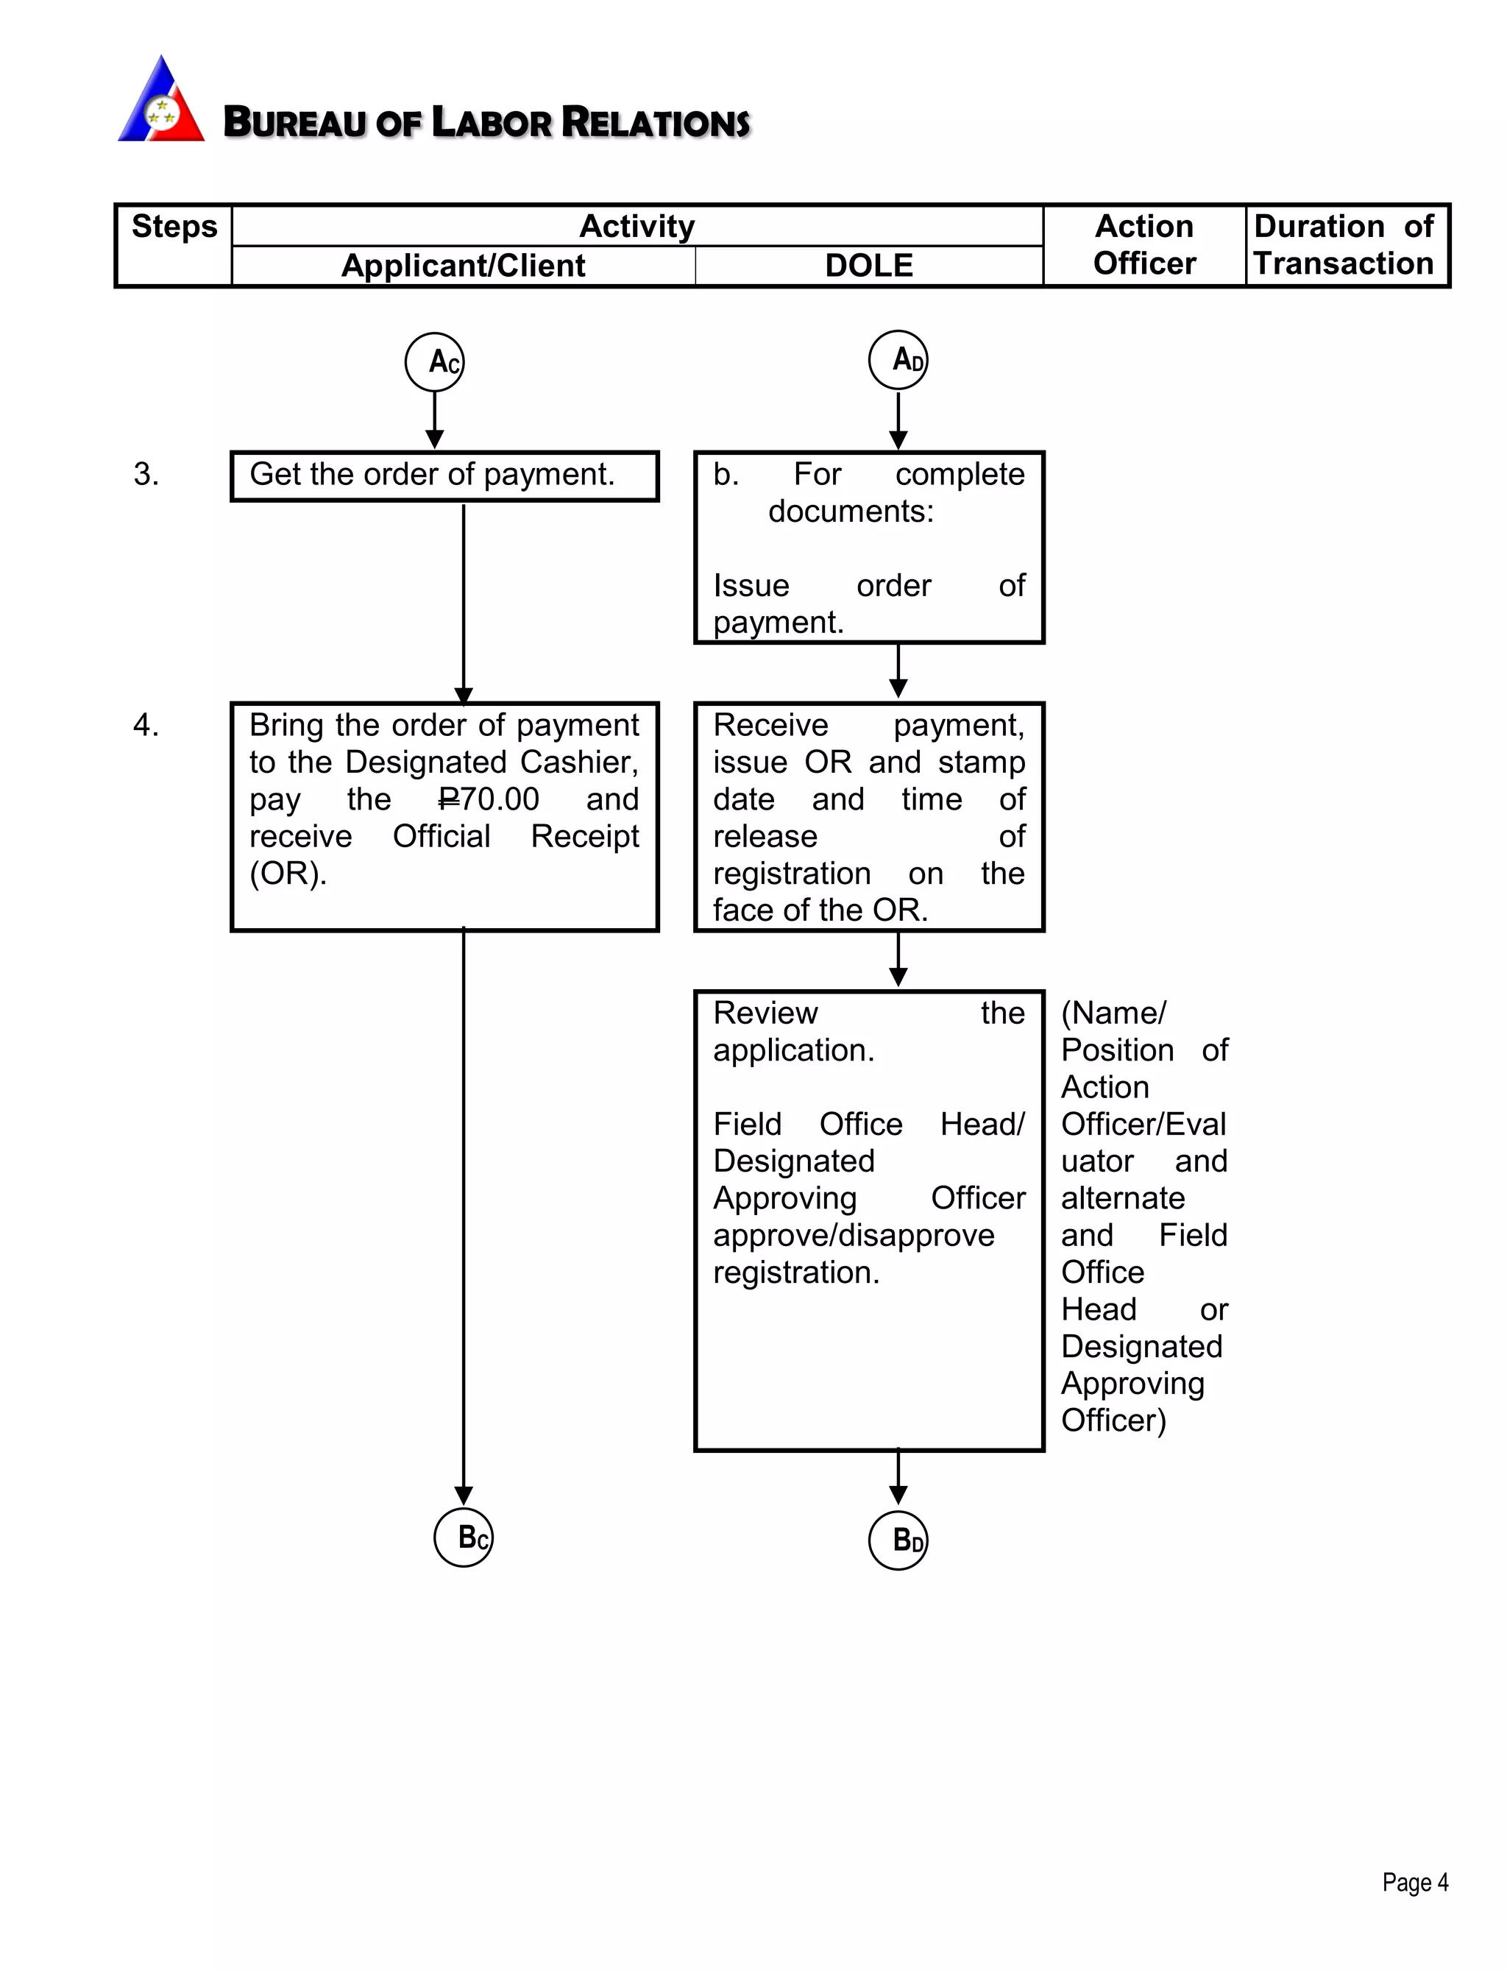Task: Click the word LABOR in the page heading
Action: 491,122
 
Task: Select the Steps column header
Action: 174,227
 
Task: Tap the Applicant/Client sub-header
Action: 463,266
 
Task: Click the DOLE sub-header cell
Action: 868,266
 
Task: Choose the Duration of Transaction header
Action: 1344,245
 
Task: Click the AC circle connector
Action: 434,362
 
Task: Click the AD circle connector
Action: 898,360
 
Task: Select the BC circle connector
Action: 463,1537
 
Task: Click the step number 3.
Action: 146,474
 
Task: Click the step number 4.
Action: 146,725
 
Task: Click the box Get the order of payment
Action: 444,475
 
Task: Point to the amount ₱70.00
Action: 489,799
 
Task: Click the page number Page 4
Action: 1414,1882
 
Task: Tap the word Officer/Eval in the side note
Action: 1143,1124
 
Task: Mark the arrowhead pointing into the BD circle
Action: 898,1496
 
